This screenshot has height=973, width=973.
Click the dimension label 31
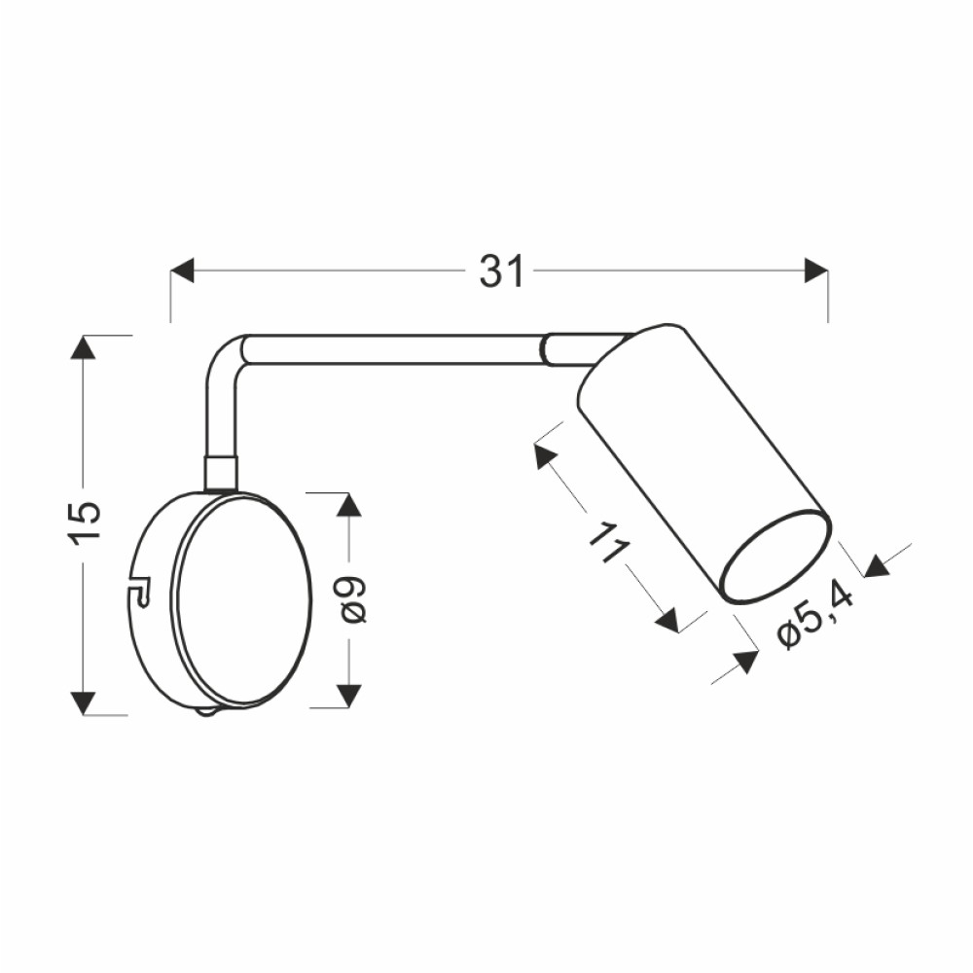pyautogui.click(x=502, y=271)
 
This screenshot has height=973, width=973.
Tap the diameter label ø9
pyautogui.click(x=353, y=598)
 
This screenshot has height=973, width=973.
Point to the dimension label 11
pyautogui.click(x=609, y=543)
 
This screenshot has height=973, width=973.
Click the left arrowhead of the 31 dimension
pyautogui.click(x=183, y=270)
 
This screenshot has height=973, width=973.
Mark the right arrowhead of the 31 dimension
pyautogui.click(x=816, y=270)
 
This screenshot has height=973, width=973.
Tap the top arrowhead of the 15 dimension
pyautogui.click(x=83, y=347)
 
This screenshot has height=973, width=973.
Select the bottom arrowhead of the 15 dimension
pyautogui.click(x=83, y=703)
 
